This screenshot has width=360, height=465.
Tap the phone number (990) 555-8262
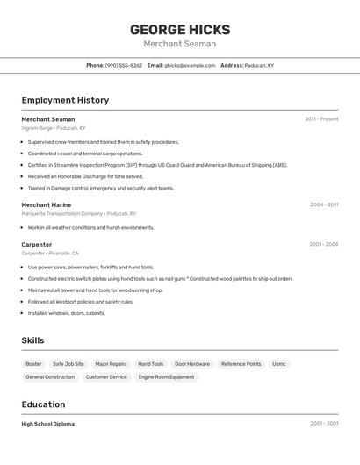(x=124, y=65)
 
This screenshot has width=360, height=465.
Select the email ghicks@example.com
(x=190, y=65)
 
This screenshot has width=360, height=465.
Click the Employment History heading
(x=65, y=100)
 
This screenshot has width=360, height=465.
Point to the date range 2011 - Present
(x=321, y=119)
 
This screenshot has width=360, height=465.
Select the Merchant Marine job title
(x=47, y=204)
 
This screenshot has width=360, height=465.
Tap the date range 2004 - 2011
(x=324, y=204)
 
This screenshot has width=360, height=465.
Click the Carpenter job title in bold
(x=37, y=244)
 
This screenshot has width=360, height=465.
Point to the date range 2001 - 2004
(x=323, y=244)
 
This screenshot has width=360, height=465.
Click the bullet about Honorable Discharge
(x=85, y=176)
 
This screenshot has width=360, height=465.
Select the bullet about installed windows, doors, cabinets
(x=67, y=313)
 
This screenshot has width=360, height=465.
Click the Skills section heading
(x=32, y=340)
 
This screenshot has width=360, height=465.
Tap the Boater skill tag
(x=33, y=363)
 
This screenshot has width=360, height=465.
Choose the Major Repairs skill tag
(x=111, y=363)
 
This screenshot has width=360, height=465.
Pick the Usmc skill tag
(x=278, y=363)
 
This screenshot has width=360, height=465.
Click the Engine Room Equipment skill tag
(x=166, y=377)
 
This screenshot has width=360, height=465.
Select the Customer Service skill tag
(x=106, y=377)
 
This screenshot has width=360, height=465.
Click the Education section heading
(x=43, y=404)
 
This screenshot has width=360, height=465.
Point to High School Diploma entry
(x=48, y=424)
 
